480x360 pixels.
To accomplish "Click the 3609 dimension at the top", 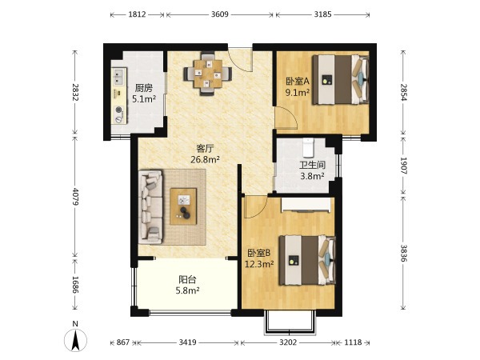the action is click(220, 14).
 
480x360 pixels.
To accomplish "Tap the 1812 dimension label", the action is click(137, 14).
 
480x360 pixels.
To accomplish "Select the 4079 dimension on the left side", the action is click(75, 197).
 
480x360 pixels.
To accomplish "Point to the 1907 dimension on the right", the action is click(403, 166).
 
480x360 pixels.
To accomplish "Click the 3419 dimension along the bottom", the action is click(187, 342).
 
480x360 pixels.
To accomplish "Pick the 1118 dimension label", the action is click(353, 342).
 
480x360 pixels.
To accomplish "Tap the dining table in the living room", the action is click(208, 74).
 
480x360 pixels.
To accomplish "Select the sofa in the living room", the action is click(150, 207).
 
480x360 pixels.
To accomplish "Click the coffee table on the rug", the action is click(183, 206).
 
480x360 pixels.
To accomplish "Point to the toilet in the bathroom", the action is click(308, 147).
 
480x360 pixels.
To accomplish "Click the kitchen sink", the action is click(118, 76).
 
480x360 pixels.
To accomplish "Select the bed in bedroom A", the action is click(341, 79).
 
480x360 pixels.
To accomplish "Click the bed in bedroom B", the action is click(307, 260).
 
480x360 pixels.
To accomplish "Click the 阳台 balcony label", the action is click(187, 279).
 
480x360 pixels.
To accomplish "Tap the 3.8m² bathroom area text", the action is click(312, 176).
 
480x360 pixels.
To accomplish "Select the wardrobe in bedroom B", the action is click(306, 205).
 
